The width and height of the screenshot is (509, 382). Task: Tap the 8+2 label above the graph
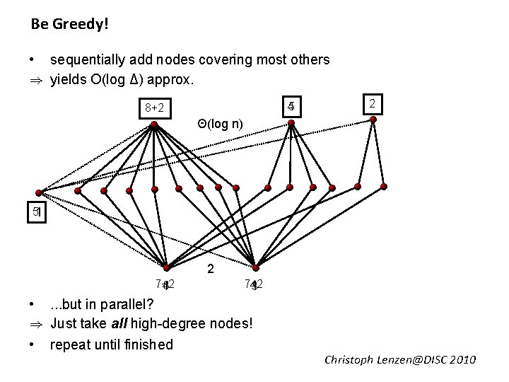click(x=154, y=108)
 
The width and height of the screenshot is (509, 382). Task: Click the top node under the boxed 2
click(x=374, y=119)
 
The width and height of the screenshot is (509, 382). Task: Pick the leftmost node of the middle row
click(x=40, y=192)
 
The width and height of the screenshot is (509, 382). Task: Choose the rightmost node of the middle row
click(x=383, y=186)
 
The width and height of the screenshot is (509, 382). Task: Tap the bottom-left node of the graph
click(x=165, y=268)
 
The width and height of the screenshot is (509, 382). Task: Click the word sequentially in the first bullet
click(x=86, y=60)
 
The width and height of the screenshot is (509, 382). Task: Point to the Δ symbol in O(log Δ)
click(x=143, y=80)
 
